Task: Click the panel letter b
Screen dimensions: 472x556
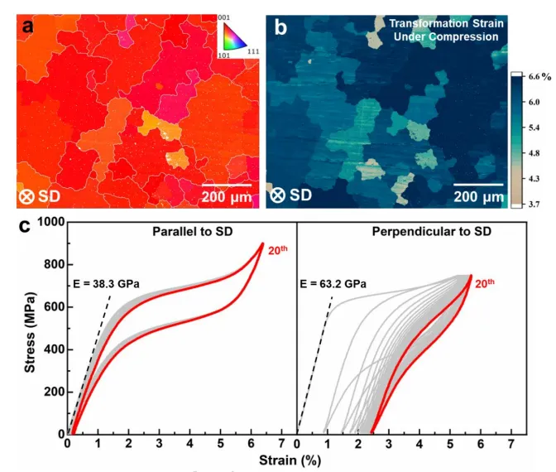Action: click(x=280, y=27)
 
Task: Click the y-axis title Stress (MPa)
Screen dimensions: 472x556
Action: click(x=31, y=327)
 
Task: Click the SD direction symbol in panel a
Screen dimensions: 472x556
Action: click(x=26, y=195)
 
